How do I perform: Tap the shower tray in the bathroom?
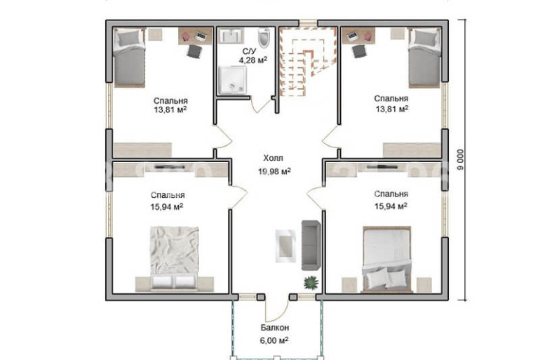232,79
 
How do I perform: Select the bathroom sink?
231,36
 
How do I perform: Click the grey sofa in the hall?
311,245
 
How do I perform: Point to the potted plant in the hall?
311,283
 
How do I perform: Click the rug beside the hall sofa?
285,246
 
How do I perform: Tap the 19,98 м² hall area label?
274,171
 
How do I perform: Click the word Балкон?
274,327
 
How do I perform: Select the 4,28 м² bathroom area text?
253,60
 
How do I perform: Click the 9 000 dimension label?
460,159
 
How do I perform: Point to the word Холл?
273,158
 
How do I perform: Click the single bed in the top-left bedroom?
129,58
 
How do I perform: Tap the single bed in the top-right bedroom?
424,58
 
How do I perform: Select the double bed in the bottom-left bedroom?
174,257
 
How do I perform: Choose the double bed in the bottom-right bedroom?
387,258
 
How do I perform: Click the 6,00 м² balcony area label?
274,340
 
